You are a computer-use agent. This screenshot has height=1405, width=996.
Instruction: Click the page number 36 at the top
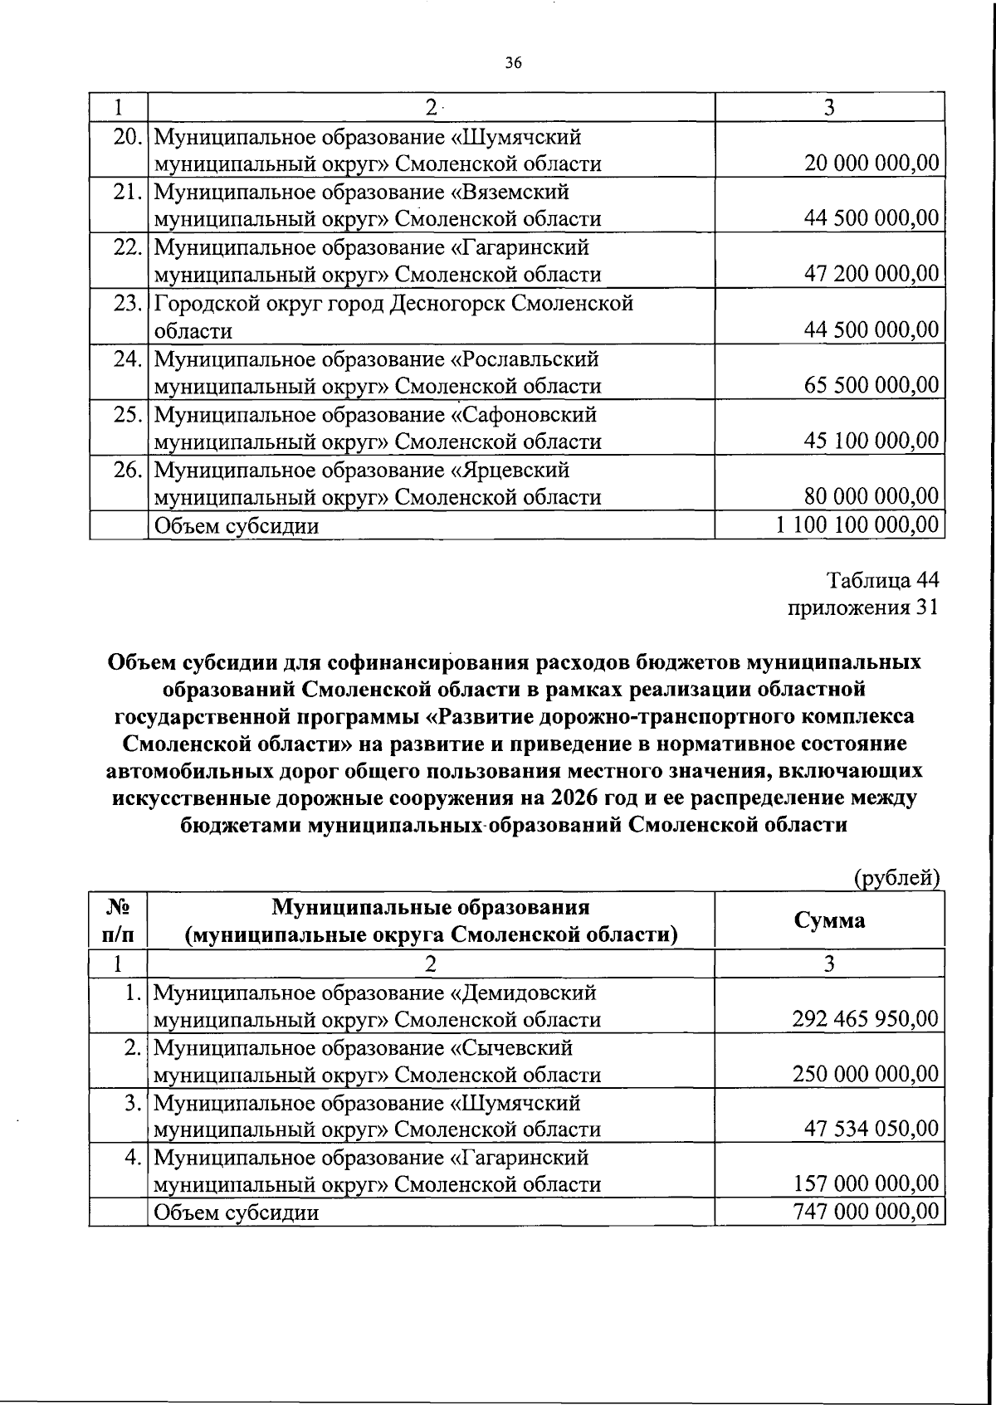tap(512, 63)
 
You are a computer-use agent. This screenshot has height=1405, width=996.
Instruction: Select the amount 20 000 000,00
tap(871, 163)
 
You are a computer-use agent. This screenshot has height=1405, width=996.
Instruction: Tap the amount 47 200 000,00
tap(871, 274)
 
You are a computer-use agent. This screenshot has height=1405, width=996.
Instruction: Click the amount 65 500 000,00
tap(871, 385)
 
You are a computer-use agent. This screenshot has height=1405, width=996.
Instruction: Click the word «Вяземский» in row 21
tap(510, 192)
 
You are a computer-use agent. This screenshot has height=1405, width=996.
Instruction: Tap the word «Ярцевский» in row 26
tap(510, 470)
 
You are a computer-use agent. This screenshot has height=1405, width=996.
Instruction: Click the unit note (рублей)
tap(897, 878)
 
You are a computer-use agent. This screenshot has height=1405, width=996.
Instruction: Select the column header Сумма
tap(829, 920)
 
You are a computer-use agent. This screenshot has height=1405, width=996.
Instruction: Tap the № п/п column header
tap(118, 920)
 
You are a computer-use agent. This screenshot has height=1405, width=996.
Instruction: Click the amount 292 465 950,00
tap(865, 1019)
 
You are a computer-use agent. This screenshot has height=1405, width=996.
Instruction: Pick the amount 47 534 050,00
tap(871, 1129)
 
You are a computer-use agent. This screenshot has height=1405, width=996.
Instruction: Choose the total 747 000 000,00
tap(865, 1212)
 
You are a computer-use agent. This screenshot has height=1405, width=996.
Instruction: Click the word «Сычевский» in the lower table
tap(511, 1047)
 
